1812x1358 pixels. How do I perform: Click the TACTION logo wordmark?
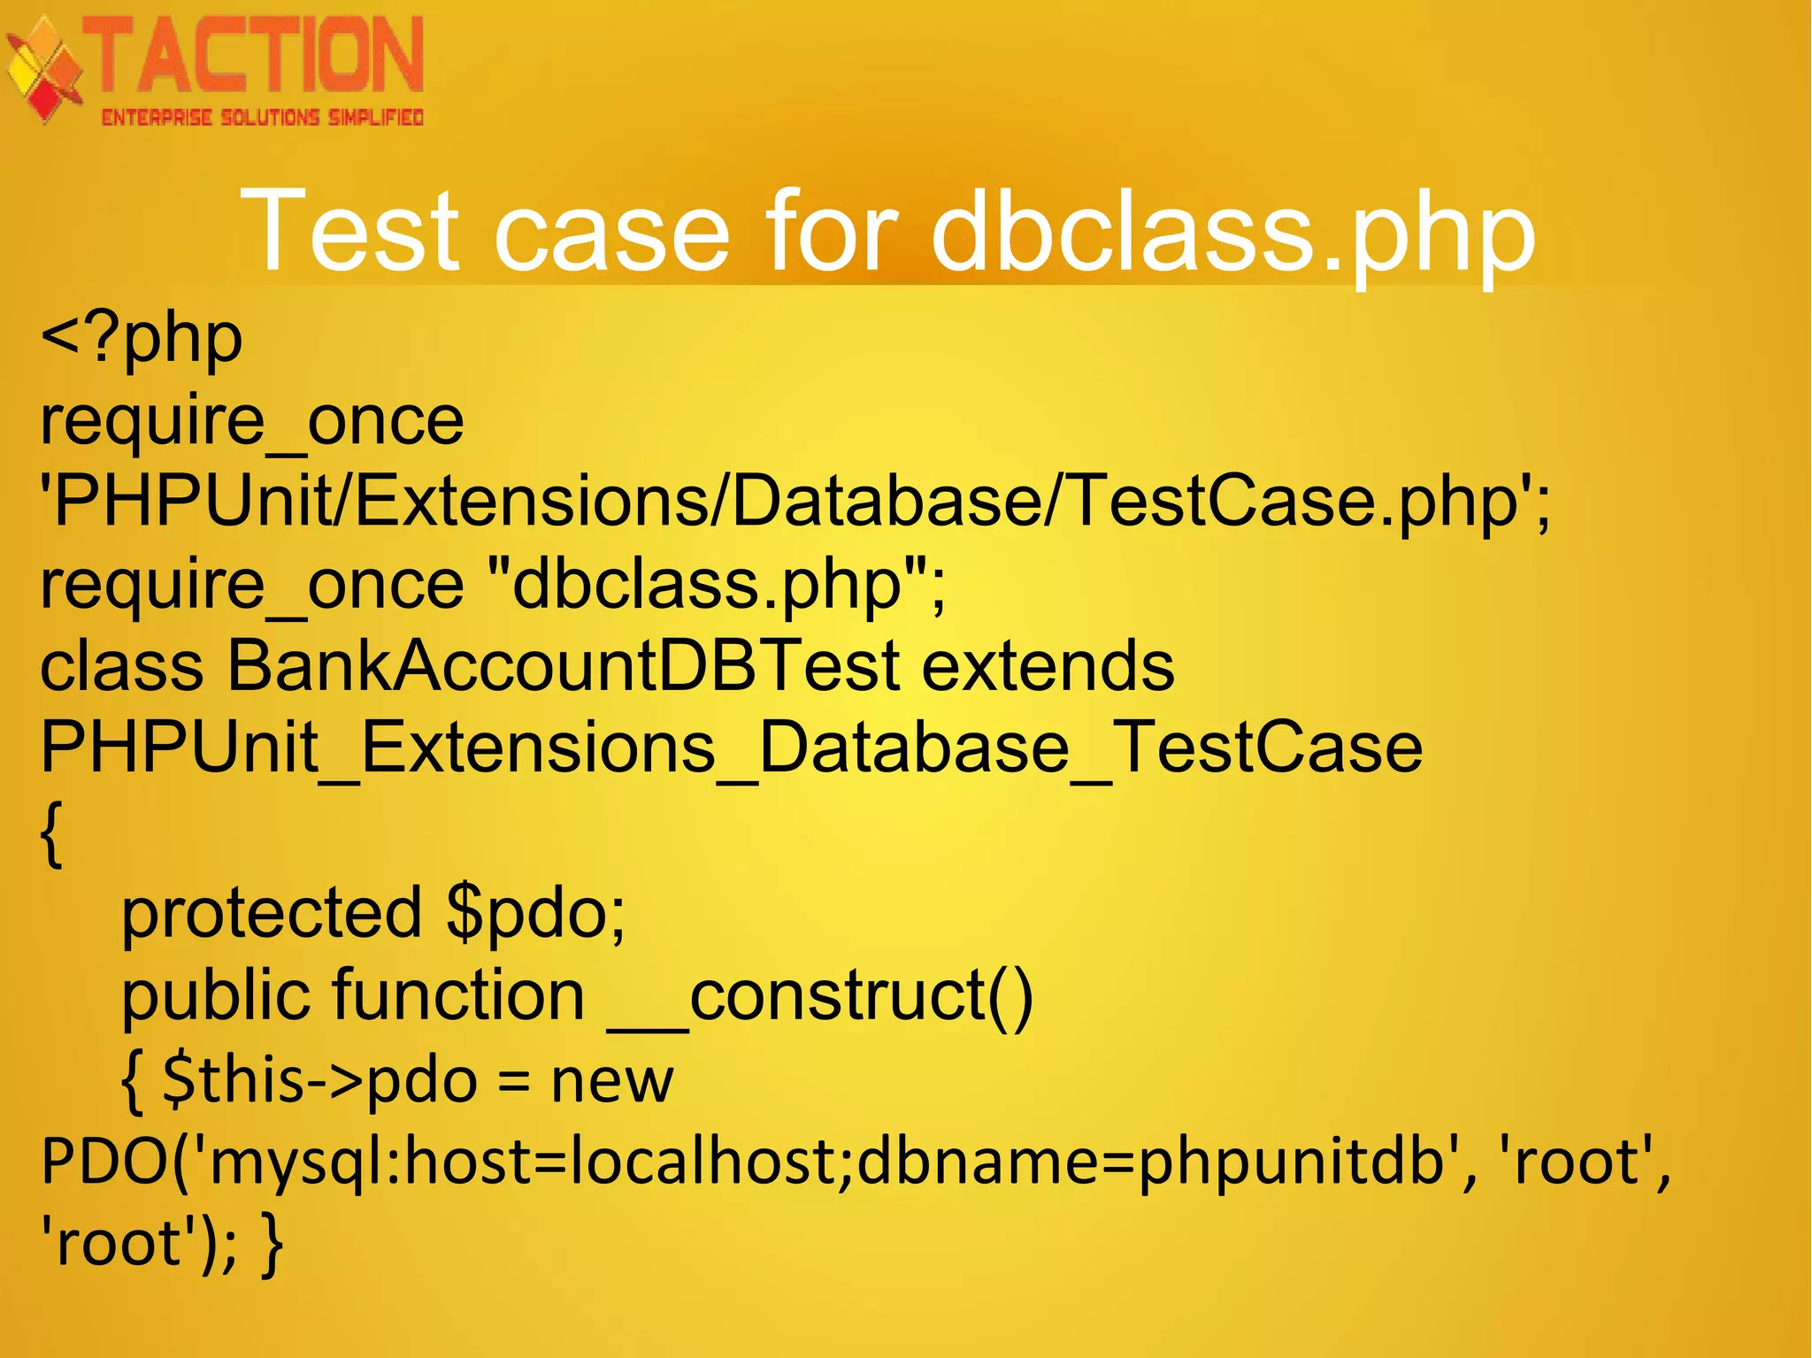[x=257, y=57]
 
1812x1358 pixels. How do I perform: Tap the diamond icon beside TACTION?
[x=44, y=71]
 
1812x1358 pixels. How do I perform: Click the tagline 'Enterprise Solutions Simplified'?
[x=262, y=118]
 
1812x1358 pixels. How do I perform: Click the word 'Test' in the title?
[x=350, y=232]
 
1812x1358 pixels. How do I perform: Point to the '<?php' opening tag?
[x=142, y=339]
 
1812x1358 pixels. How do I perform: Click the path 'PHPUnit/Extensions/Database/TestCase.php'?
[x=787, y=502]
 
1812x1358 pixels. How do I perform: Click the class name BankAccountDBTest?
[x=564, y=665]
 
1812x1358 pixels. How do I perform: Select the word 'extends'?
[x=1048, y=665]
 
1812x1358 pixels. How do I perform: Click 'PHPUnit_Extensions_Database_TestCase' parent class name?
[x=731, y=748]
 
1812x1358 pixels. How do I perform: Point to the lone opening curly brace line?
[x=51, y=833]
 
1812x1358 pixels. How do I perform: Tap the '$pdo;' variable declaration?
[x=536, y=913]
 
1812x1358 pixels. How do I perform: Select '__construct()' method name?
[x=820, y=995]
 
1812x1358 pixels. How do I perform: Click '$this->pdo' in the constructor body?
[x=320, y=1080]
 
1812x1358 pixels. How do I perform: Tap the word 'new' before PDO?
[x=611, y=1080]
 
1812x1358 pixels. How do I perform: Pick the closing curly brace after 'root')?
[x=272, y=1244]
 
